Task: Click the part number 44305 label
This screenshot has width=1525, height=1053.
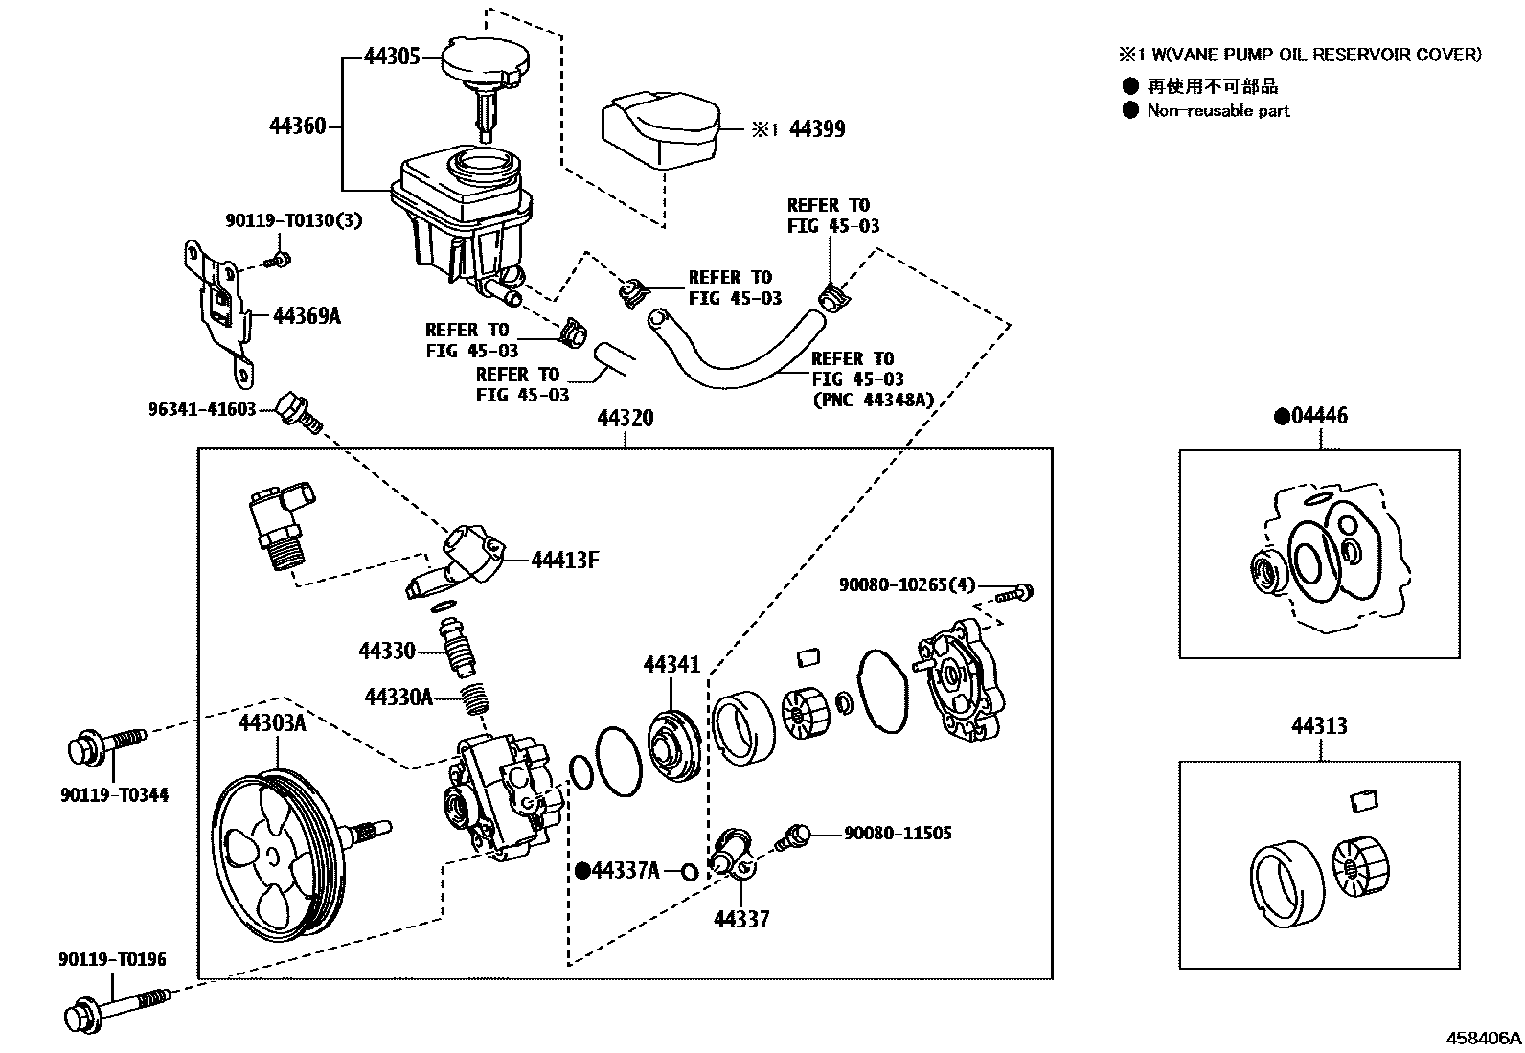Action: point(392,57)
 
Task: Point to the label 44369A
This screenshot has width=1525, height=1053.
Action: point(307,315)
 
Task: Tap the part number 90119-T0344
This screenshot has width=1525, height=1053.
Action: point(112,794)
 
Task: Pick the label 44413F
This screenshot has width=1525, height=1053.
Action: point(564,560)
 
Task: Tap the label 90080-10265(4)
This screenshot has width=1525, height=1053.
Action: point(906,584)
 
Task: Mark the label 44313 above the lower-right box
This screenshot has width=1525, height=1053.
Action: point(1319,725)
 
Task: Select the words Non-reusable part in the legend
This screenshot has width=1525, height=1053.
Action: point(1218,110)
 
